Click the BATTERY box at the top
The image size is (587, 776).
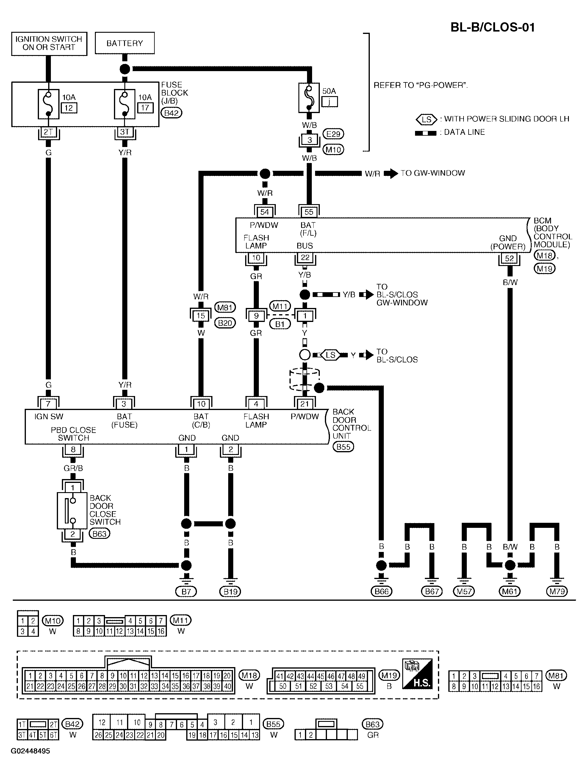click(125, 43)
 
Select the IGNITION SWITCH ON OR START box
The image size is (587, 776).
click(49, 43)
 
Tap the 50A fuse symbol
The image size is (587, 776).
click(309, 98)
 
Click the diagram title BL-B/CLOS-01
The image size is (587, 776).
click(492, 27)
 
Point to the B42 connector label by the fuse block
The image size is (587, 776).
click(172, 113)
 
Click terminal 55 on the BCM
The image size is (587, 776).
click(309, 212)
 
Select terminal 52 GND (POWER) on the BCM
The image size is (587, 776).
click(509, 259)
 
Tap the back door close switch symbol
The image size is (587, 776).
click(72, 510)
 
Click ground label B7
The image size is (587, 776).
click(186, 592)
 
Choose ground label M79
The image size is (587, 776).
click(557, 592)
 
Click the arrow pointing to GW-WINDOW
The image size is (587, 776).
click(391, 173)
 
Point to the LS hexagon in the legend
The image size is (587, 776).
click(426, 120)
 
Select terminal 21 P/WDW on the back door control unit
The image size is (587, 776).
click(305, 404)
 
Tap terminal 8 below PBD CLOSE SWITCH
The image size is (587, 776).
click(73, 449)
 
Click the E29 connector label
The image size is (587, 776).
click(333, 134)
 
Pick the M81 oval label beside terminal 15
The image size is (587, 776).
click(225, 308)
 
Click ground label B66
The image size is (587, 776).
click(381, 592)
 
